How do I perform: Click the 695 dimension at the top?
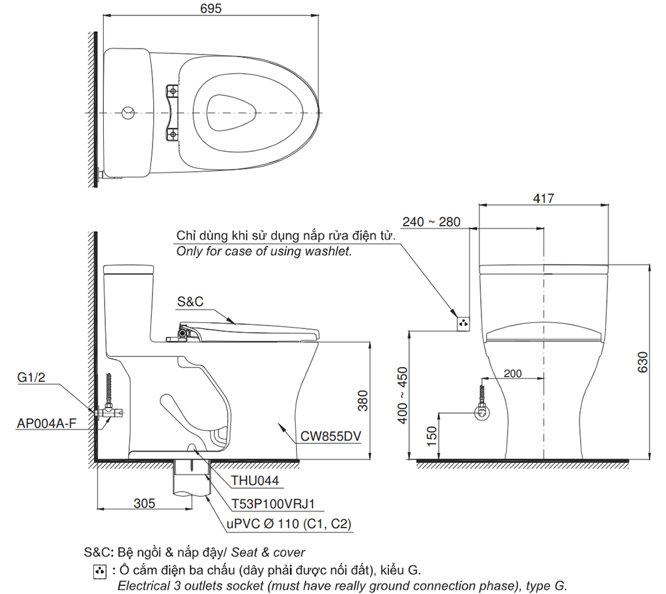pos(210,9)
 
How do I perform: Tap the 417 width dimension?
pos(544,198)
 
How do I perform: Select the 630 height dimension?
pos(643,361)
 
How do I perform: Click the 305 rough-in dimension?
pos(144,503)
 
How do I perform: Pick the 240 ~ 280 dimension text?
pos(431,222)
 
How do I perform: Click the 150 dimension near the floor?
pos(431,437)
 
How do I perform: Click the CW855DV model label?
pos(330,436)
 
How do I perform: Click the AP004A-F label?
pos(45,422)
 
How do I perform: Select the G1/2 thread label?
pos(32,378)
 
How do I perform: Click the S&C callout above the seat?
pos(190,302)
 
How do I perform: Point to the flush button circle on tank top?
pos(130,112)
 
